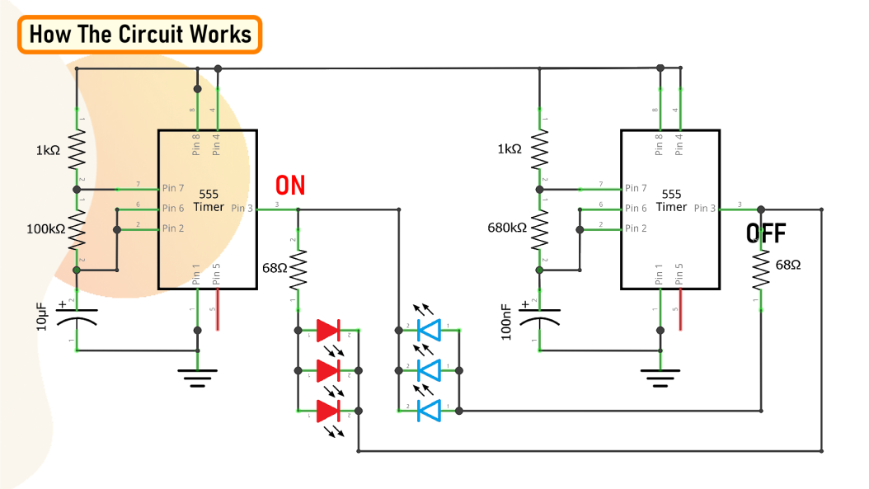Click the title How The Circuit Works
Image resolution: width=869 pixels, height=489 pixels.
click(139, 35)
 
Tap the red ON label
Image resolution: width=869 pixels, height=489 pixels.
click(290, 185)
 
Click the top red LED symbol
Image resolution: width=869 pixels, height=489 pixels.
click(328, 331)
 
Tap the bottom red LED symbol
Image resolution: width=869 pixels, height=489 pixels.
click(328, 410)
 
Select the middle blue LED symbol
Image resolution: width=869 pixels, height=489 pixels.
click(430, 370)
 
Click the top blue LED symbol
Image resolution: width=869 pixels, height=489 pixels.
click(430, 331)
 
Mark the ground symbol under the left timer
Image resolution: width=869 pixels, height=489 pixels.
click(197, 379)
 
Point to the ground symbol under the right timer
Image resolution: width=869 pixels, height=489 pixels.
click(659, 379)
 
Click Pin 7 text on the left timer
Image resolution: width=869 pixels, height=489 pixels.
click(173, 188)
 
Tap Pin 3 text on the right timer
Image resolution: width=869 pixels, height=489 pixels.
click(705, 209)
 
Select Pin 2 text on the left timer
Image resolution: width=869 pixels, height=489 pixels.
click(173, 228)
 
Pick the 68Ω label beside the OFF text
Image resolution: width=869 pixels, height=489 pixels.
click(788, 266)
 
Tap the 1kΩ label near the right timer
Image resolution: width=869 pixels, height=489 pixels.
click(510, 149)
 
